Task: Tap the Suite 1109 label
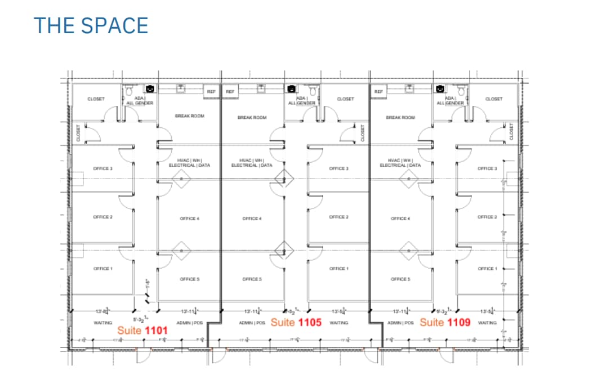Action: point(445,322)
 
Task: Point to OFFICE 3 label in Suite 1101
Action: point(103,168)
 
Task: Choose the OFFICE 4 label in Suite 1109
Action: point(400,219)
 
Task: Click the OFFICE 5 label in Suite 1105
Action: point(252,279)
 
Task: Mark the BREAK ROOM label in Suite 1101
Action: point(189,116)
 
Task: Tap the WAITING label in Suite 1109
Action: point(487,323)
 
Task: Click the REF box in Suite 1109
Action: point(378,91)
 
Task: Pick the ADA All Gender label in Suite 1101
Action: point(139,100)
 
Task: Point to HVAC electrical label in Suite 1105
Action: point(252,163)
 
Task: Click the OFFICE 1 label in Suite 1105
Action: point(338,269)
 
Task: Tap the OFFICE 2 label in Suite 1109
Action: point(487,217)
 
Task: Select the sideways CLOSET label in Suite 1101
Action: point(78,133)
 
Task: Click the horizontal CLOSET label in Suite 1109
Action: point(493,99)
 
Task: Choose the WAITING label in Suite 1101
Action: point(103,323)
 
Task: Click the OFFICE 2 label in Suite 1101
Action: point(103,217)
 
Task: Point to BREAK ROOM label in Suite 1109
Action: point(400,118)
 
